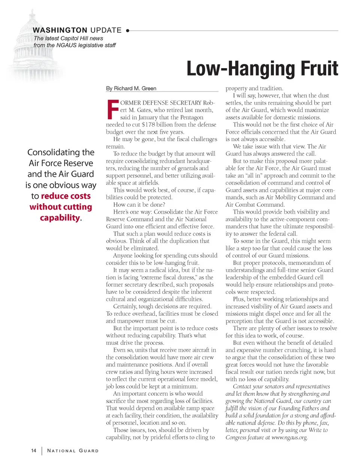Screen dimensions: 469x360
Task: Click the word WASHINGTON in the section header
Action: [60, 30]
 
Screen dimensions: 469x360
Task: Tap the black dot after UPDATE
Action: [127, 31]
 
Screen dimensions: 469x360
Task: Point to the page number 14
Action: [34, 451]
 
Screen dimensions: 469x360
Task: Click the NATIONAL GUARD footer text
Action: [73, 451]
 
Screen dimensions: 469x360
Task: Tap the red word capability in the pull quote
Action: [60, 218]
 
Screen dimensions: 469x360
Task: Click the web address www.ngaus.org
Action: [289, 437]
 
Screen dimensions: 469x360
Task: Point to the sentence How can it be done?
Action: [139, 205]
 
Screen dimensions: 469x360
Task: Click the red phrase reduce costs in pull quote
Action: [66, 196]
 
